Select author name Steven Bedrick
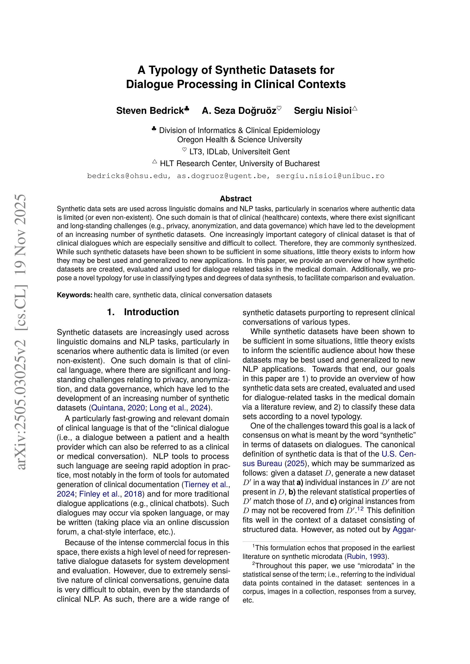(x=150, y=111)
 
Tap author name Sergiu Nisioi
(x=323, y=111)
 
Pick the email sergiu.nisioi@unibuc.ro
(x=330, y=176)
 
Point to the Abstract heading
(x=236, y=199)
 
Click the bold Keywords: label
(x=75, y=295)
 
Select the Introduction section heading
(x=151, y=312)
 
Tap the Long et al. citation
(x=167, y=408)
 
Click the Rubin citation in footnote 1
(x=356, y=556)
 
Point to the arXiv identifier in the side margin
(x=22, y=333)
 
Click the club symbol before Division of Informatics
(x=154, y=129)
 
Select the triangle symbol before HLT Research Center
(x=155, y=162)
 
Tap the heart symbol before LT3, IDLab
(x=184, y=150)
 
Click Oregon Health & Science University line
(x=239, y=140)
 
